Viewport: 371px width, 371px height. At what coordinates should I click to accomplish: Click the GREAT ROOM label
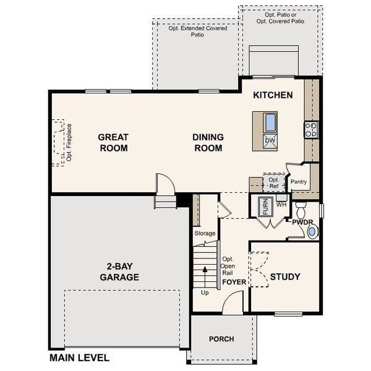(113, 142)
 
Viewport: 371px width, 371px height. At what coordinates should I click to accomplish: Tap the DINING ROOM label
(208, 142)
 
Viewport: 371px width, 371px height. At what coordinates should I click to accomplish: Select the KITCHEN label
(273, 96)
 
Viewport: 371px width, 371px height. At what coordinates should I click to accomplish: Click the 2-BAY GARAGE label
(119, 272)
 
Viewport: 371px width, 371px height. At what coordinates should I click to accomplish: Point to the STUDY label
(285, 276)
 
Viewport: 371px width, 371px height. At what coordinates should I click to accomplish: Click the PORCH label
(221, 339)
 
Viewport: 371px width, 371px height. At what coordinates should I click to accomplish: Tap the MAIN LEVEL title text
(79, 357)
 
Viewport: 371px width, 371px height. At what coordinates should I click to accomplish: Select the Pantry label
(299, 182)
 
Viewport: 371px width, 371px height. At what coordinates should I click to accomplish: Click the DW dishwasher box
(270, 141)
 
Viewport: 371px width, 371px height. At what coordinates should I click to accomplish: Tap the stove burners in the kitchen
(310, 129)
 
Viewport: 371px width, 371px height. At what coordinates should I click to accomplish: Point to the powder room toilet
(301, 208)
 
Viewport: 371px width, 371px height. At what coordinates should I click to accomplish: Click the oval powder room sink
(312, 232)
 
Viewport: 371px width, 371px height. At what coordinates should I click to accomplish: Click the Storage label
(205, 233)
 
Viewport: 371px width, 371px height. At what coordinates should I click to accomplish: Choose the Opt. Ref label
(273, 182)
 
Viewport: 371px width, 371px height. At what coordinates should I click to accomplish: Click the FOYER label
(234, 283)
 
